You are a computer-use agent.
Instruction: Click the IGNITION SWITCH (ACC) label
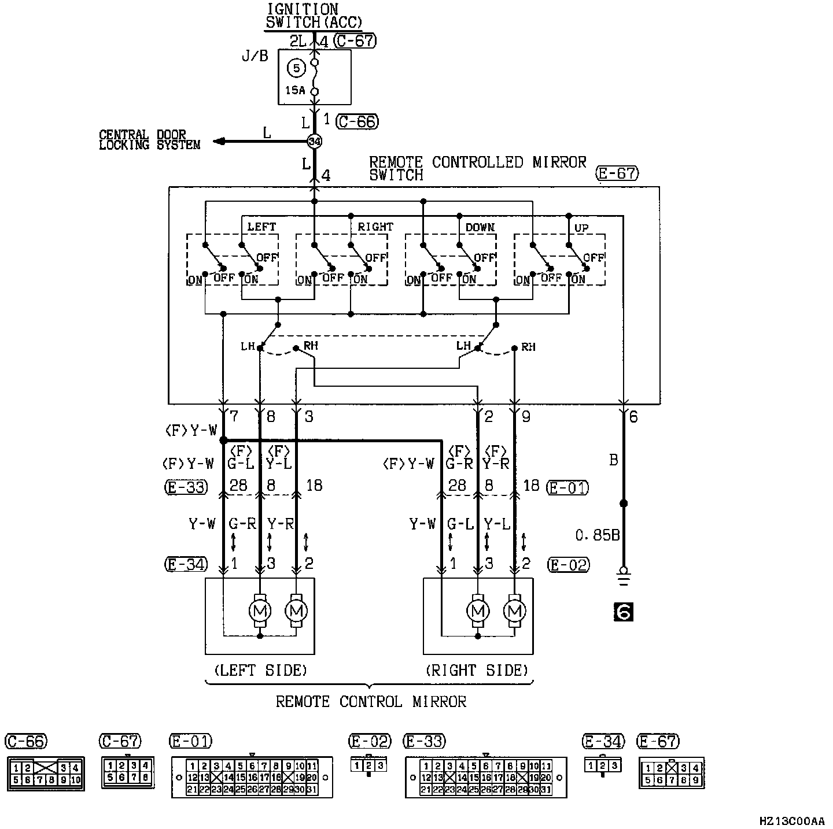pyautogui.click(x=313, y=16)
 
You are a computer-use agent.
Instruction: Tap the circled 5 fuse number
pyautogui.click(x=296, y=68)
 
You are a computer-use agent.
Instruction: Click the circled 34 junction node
pyautogui.click(x=314, y=141)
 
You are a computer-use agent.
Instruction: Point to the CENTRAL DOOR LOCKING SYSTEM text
pyautogui.click(x=149, y=140)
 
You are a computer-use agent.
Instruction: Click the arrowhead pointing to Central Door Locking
pyautogui.click(x=218, y=142)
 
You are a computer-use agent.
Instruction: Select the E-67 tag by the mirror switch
pyautogui.click(x=617, y=173)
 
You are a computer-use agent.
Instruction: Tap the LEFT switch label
pyautogui.click(x=261, y=227)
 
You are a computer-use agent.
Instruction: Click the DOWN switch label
pyautogui.click(x=480, y=227)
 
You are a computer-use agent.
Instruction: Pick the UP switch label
pyautogui.click(x=581, y=227)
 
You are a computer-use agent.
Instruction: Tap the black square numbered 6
pyautogui.click(x=623, y=612)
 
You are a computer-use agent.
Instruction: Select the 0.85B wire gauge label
pyautogui.click(x=597, y=535)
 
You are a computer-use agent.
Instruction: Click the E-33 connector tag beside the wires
pyautogui.click(x=185, y=487)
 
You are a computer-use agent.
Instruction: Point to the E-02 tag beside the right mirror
pyautogui.click(x=569, y=564)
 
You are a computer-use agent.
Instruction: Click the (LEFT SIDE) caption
pyautogui.click(x=260, y=671)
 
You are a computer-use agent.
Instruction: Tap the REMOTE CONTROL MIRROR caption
pyautogui.click(x=371, y=702)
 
